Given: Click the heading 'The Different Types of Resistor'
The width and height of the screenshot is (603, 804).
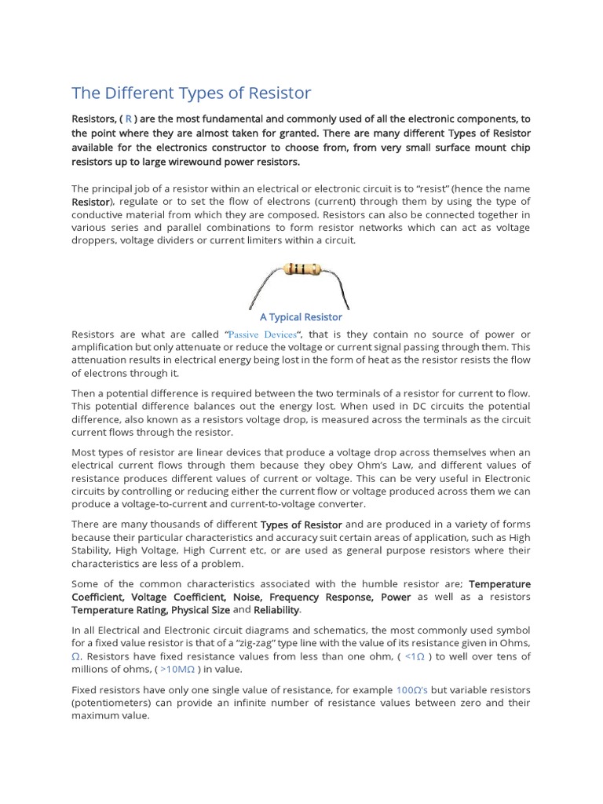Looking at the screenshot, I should (191, 93).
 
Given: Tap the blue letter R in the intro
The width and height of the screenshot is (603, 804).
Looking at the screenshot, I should (129, 119).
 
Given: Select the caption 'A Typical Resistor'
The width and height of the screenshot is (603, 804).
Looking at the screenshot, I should (301, 317).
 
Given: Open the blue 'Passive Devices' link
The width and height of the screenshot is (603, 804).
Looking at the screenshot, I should (263, 334).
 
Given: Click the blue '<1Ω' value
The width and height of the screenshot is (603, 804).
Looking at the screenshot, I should (415, 656).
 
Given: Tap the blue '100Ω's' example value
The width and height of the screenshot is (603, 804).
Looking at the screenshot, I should (411, 690).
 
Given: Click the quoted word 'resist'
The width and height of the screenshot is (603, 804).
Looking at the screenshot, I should (439, 188).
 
